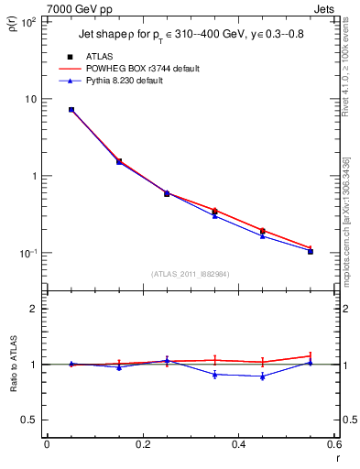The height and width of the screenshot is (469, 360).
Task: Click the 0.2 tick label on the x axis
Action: pos(142,445)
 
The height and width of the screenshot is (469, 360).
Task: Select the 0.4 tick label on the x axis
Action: pos(238,445)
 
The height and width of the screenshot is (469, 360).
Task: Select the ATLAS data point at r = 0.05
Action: pos(71,110)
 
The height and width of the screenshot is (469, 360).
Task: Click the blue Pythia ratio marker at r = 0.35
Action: pos(214,374)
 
